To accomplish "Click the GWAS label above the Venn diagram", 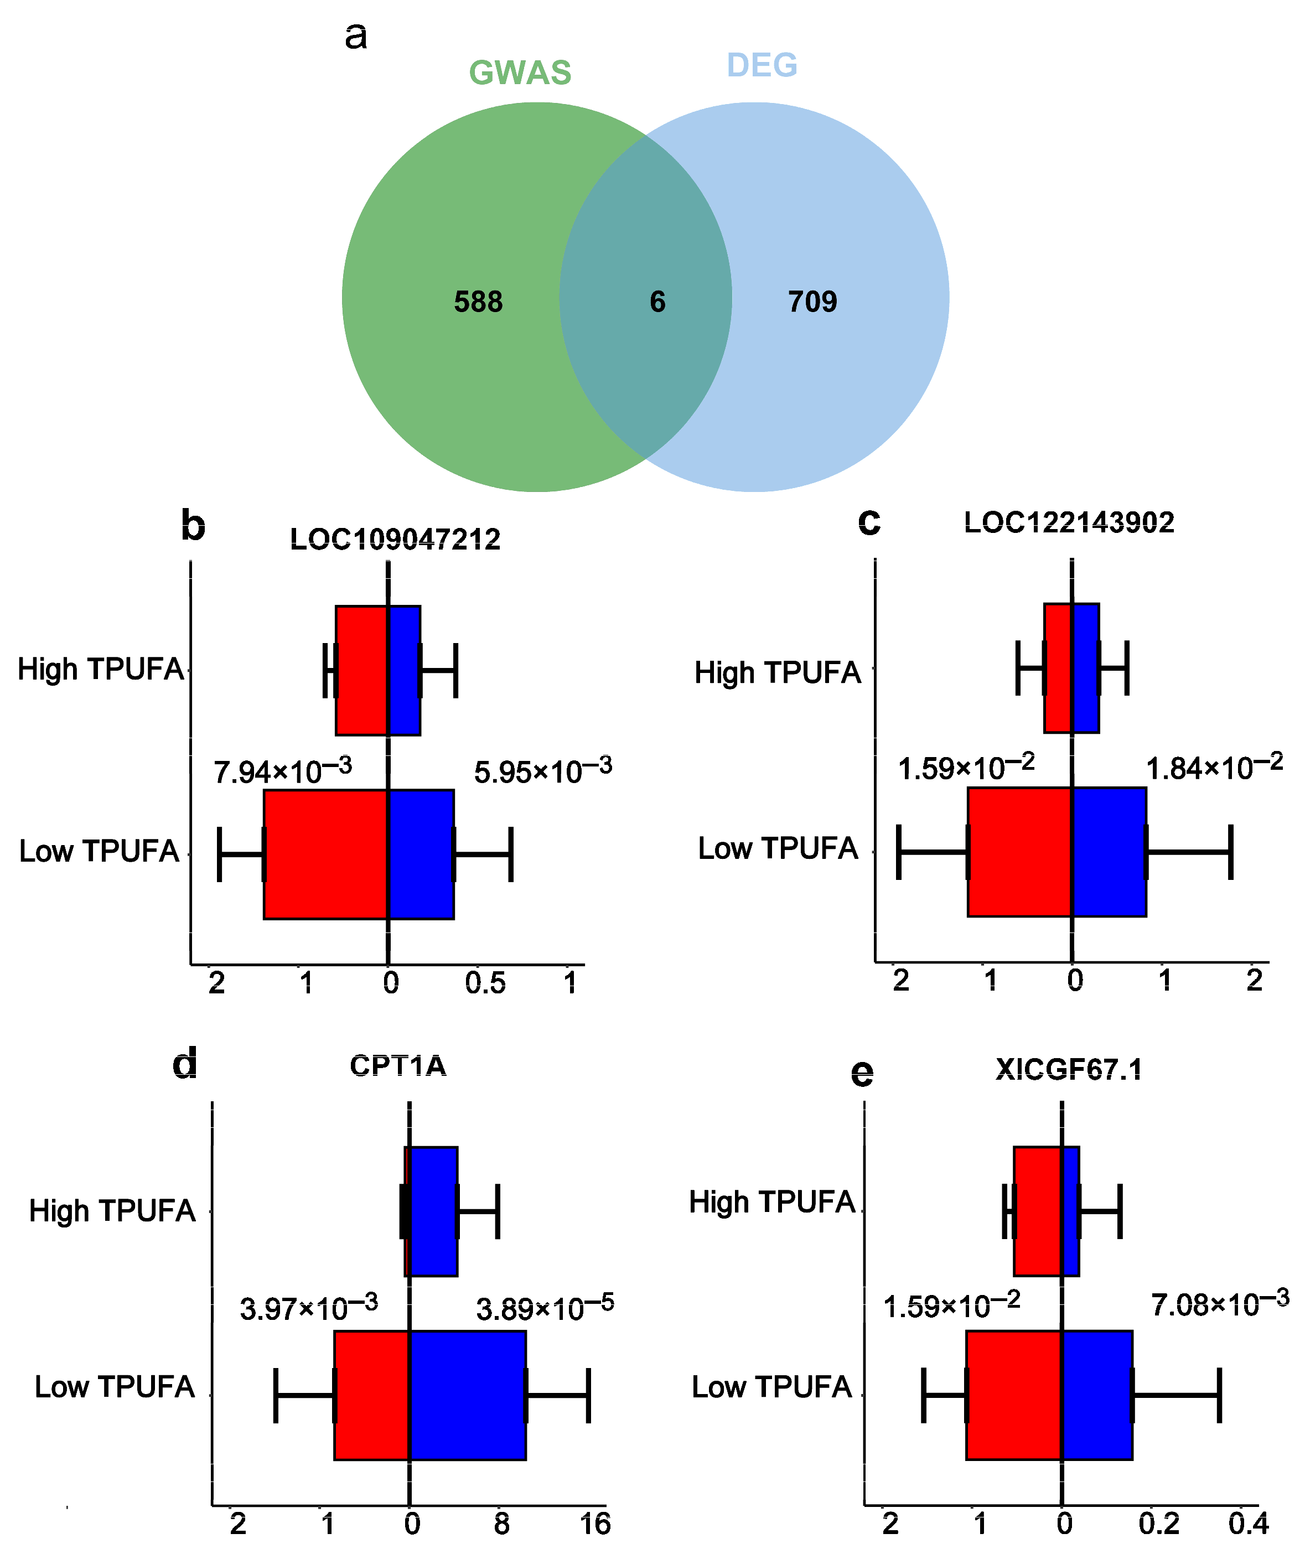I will (520, 72).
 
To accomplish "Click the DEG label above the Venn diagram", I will (762, 65).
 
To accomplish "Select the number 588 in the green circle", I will (478, 302).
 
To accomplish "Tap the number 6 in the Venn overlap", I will (657, 302).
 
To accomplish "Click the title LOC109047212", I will (395, 539).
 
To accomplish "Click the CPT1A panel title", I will (398, 1066).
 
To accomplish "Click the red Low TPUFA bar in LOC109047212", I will (325, 854).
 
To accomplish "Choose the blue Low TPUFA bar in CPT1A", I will (468, 1395).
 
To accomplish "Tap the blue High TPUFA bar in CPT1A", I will (433, 1211).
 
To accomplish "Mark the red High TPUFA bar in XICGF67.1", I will (1037, 1211).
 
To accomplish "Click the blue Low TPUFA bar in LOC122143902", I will (1108, 852).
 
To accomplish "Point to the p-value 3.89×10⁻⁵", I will (545, 1309).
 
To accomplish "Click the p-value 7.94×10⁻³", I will (283, 771).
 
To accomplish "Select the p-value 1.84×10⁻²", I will (1214, 768).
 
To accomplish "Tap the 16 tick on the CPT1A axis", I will (595, 1524).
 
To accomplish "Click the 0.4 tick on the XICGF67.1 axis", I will (1249, 1524).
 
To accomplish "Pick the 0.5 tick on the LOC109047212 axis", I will (485, 983).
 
